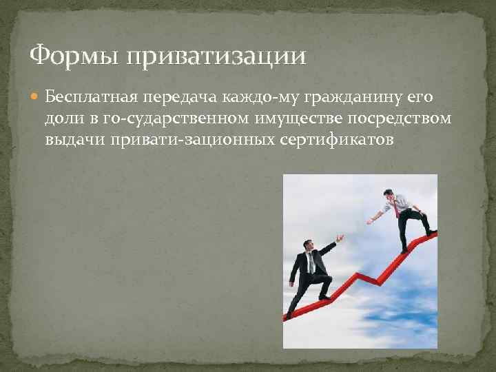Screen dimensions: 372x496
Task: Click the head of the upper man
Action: [389, 195]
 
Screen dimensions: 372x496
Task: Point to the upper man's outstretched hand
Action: [371, 221]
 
